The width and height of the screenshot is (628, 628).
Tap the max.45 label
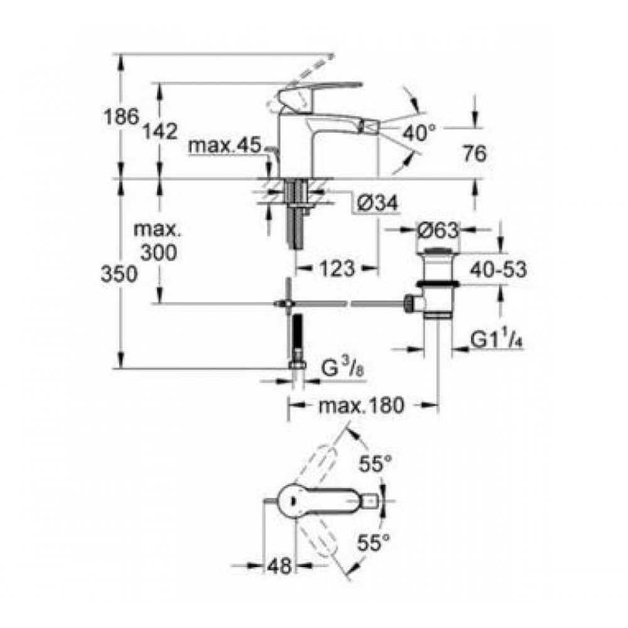[x=224, y=146]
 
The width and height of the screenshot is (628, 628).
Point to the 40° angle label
[x=419, y=133]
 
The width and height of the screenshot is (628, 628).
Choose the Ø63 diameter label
[x=438, y=231]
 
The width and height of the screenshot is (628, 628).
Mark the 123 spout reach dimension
[x=335, y=269]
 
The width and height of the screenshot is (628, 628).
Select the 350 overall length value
[x=119, y=274]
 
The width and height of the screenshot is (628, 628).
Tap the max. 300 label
[x=158, y=241]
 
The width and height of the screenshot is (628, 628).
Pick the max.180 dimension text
[x=360, y=406]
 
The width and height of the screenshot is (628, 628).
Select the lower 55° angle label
[x=375, y=541]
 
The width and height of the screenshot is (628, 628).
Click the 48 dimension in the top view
[x=278, y=565]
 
